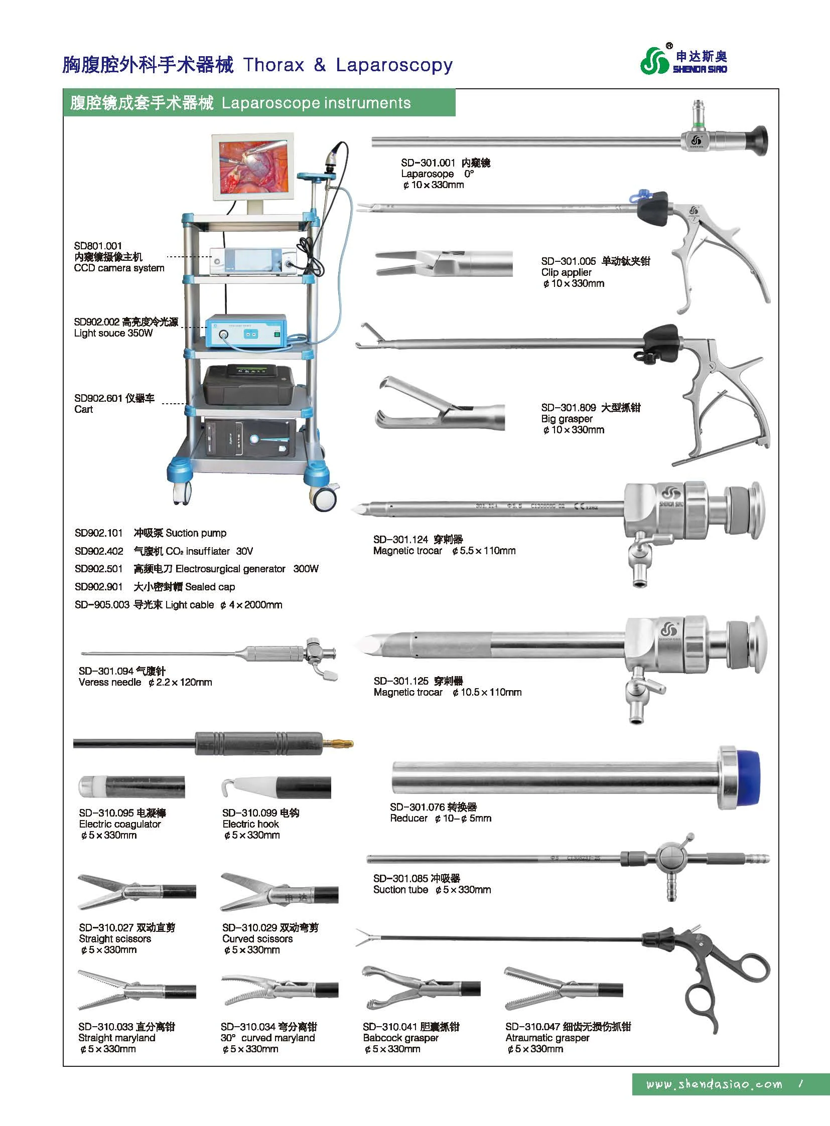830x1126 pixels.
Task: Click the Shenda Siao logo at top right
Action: coord(683,60)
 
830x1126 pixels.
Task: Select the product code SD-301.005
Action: coord(568,261)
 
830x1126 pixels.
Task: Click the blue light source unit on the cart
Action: coord(246,332)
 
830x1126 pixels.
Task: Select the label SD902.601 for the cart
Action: coord(98,398)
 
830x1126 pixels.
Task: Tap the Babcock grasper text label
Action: coord(400,1038)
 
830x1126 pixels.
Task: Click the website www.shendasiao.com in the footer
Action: coord(714,1084)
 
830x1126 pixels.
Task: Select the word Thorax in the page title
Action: coord(274,65)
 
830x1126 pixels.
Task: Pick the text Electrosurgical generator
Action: coord(230,569)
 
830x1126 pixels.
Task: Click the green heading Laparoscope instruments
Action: coord(316,103)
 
